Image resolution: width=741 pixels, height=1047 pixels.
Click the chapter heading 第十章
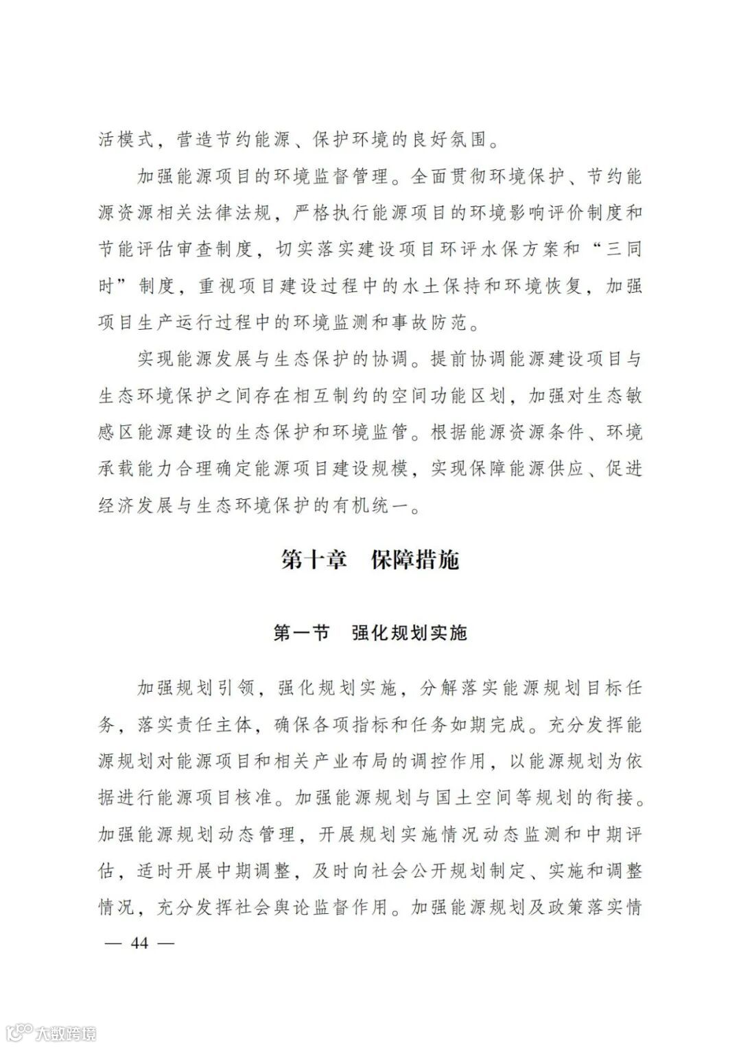[x=313, y=559]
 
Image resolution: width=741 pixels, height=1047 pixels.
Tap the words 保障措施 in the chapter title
[x=414, y=559]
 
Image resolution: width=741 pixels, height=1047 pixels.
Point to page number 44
[x=139, y=943]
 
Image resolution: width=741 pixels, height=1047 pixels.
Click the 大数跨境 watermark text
[x=66, y=1033]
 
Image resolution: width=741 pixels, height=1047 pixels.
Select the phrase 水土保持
[x=438, y=286]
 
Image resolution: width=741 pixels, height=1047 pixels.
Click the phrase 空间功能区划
[x=460, y=396]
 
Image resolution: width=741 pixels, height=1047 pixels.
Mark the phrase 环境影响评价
[x=500, y=213]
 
